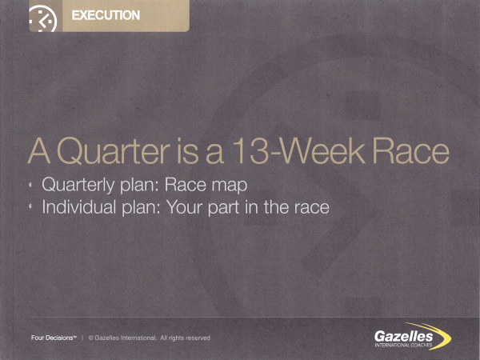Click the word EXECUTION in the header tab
pyautogui.click(x=106, y=15)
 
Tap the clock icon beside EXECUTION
pyautogui.click(x=43, y=19)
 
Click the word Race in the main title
pyautogui.click(x=411, y=151)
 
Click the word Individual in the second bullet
pyautogui.click(x=79, y=207)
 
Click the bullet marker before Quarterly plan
pyautogui.click(x=30, y=185)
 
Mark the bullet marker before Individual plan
pyautogui.click(x=30, y=207)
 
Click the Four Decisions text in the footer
pyautogui.click(x=52, y=338)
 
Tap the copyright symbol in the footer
pyautogui.click(x=91, y=338)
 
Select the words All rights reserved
pyautogui.click(x=186, y=338)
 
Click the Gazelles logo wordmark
pyautogui.click(x=403, y=337)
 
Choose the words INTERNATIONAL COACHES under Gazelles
pyautogui.click(x=403, y=346)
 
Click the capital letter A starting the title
pyautogui.click(x=39, y=151)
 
